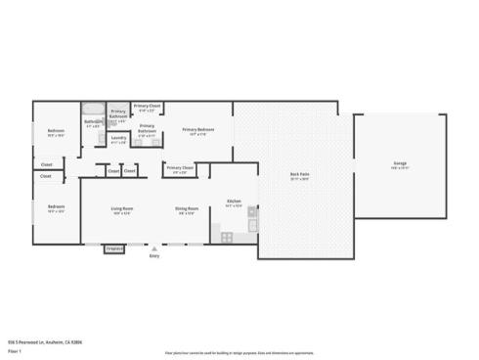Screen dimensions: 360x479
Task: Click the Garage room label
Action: coord(400,162)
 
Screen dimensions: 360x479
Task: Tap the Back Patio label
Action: coord(299,175)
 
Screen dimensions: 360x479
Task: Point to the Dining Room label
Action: coord(187,208)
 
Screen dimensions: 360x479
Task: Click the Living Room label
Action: coord(121,208)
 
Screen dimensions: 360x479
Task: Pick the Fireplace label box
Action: coord(115,248)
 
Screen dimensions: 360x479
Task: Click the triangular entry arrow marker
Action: coord(153,247)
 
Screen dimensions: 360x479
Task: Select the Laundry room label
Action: coord(118,137)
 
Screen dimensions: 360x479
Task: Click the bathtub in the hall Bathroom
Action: coord(92,109)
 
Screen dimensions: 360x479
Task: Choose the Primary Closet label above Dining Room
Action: coord(180,167)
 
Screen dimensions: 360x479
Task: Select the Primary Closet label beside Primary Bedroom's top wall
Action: coord(148,105)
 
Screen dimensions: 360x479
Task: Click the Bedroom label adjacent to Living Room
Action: coord(57,206)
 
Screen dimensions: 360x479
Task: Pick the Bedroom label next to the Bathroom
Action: coord(57,131)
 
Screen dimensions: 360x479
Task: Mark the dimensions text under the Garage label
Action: coord(400,168)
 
